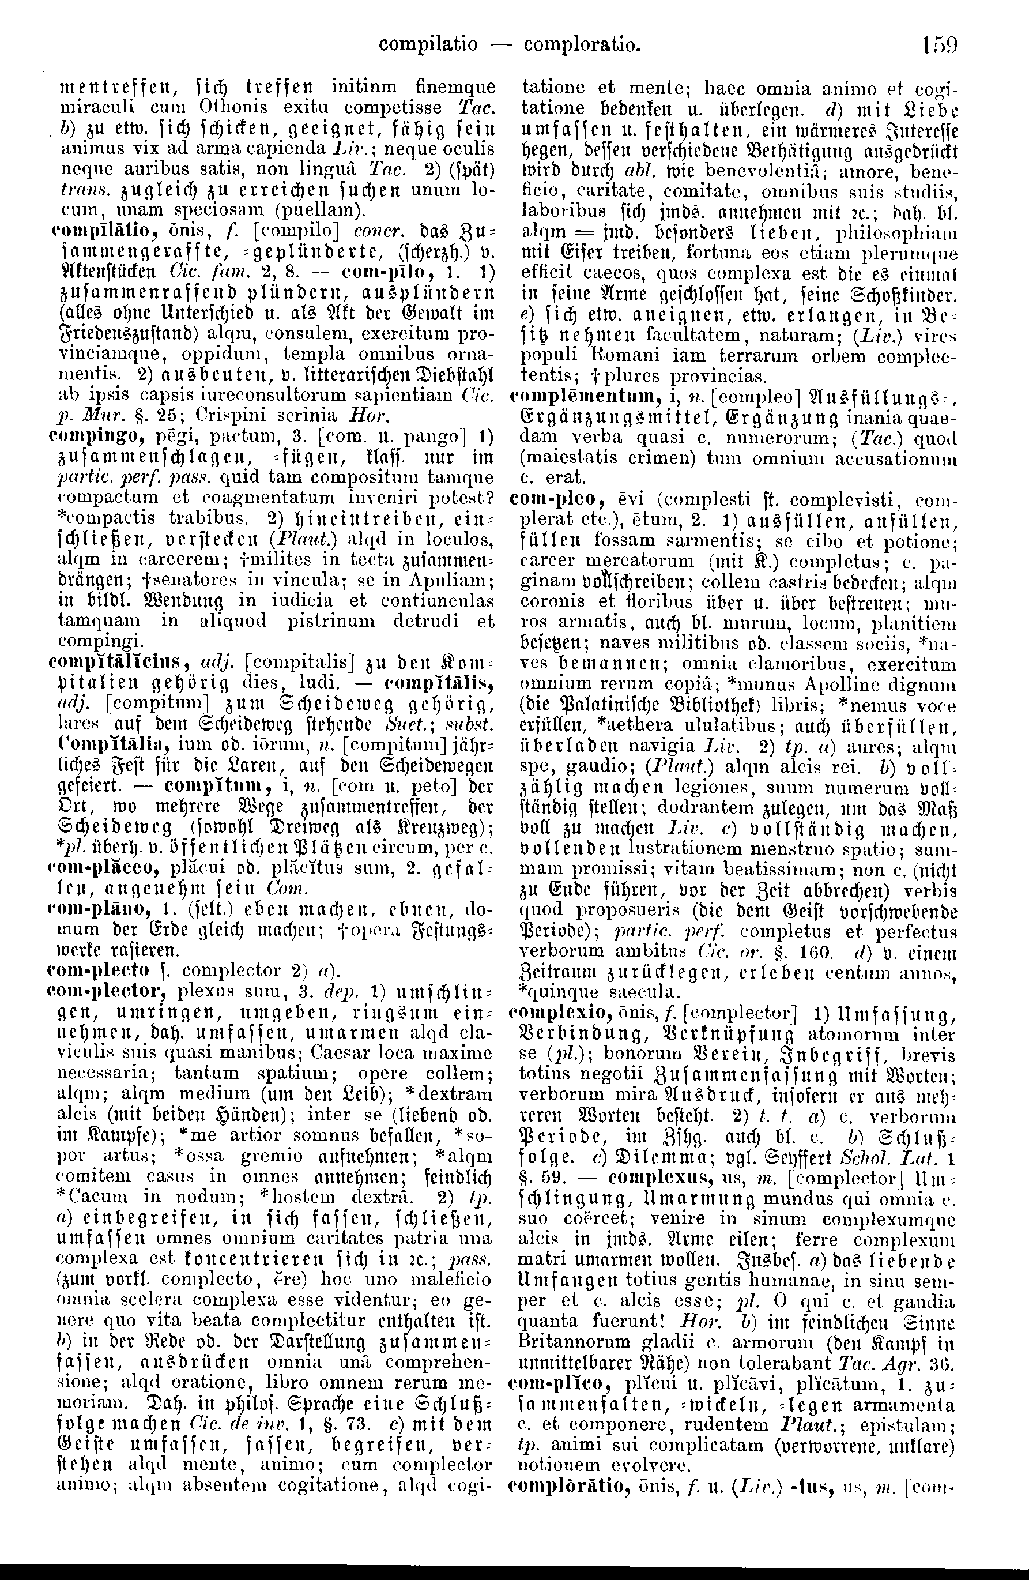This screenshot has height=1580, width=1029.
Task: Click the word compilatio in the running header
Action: [x=428, y=45]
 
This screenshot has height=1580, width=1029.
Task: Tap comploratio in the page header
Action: [x=582, y=45]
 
